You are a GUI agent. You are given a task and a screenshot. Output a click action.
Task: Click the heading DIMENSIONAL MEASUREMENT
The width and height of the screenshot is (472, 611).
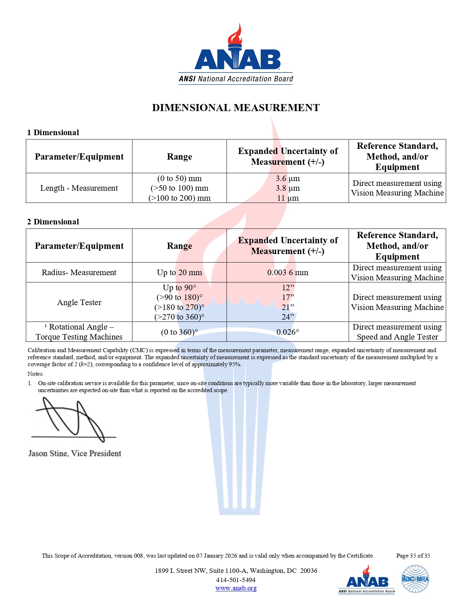(236, 108)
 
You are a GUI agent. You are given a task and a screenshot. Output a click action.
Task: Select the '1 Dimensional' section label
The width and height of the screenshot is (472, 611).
(53, 133)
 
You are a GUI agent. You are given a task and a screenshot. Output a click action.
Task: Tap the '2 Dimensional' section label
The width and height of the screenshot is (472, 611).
(53, 222)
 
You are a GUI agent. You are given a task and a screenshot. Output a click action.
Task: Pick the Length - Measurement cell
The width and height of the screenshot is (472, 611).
(79, 188)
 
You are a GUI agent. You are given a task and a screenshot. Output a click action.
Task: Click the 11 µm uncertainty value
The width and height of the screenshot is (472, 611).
(288, 198)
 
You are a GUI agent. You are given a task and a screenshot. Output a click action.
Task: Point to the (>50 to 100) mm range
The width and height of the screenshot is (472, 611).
(180, 188)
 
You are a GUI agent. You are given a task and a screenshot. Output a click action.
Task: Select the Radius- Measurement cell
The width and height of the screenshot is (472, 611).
(79, 273)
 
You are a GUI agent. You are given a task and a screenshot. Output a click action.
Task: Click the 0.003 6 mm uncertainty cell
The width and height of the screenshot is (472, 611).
(288, 273)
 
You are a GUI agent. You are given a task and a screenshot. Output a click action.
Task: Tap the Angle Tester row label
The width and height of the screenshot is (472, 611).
(79, 303)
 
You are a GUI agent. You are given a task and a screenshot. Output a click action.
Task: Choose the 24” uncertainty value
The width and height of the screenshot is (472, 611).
(288, 317)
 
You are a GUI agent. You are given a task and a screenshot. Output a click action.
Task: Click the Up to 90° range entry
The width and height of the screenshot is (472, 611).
(180, 288)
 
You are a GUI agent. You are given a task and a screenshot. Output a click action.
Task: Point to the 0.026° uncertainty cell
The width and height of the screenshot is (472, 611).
(288, 332)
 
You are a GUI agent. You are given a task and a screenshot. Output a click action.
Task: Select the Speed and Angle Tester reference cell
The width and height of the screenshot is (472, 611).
(397, 332)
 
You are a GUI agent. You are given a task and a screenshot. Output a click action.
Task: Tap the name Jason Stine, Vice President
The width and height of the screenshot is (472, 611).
(75, 454)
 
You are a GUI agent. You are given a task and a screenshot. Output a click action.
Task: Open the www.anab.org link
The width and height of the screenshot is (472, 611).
(236, 588)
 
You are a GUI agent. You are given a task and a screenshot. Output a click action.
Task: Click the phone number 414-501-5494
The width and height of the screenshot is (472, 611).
(236, 580)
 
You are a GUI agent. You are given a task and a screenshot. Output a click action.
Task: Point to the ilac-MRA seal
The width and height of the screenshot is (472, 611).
(415, 579)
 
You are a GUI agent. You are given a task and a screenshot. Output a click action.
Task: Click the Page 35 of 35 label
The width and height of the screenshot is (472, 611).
(413, 556)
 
